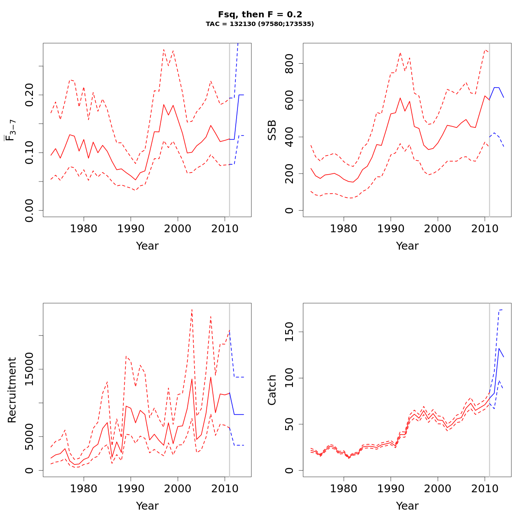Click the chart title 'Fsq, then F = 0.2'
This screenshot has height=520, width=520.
[x=260, y=14]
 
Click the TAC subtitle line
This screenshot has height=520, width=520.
[x=260, y=24]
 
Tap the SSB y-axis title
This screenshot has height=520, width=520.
[x=272, y=130]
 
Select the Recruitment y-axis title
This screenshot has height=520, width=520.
[x=12, y=390]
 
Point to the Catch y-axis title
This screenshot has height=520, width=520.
[x=272, y=390]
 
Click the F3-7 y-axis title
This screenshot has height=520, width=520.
[x=10, y=130]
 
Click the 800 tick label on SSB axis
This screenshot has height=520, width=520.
[x=289, y=63]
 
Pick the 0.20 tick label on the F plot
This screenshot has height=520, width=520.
[x=29, y=94]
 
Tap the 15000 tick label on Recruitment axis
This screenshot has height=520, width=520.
[x=29, y=369]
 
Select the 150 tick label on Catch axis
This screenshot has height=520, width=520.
[x=289, y=332]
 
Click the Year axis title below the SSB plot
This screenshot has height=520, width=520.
[x=407, y=246]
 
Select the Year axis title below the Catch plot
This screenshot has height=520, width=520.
[x=407, y=506]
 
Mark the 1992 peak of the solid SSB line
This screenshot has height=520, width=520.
[x=400, y=98]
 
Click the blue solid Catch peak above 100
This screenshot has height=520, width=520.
[x=499, y=348]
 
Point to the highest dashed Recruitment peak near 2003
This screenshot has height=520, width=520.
[x=192, y=309]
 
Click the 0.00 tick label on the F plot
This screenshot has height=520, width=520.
[x=29, y=210]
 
